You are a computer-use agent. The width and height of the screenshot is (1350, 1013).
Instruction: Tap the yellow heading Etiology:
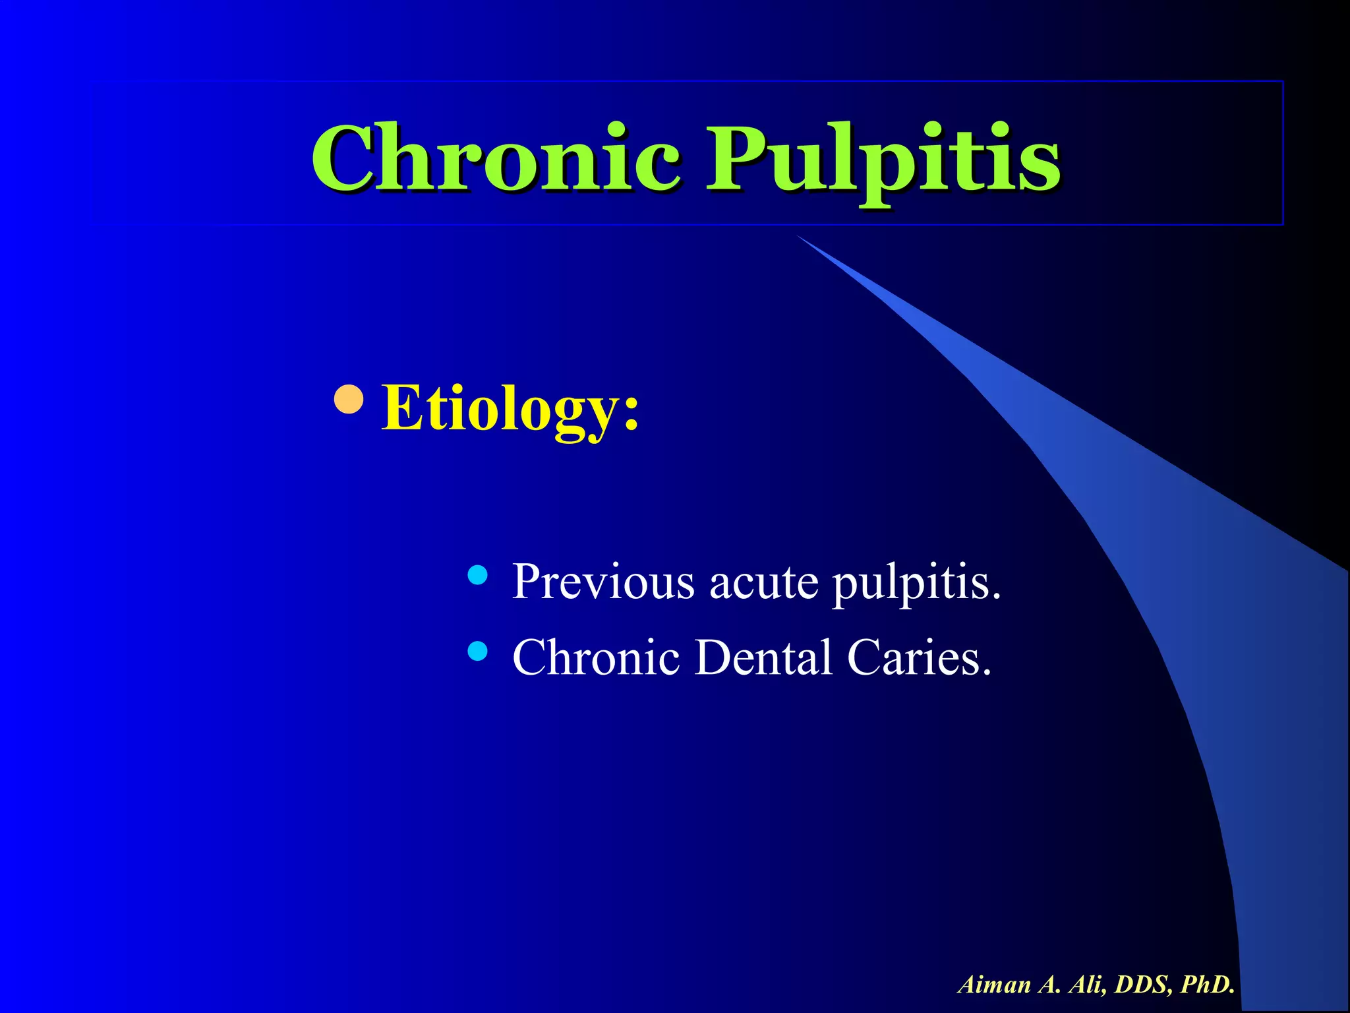coord(510,409)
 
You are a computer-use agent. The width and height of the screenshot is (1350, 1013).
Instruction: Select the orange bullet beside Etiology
coord(349,398)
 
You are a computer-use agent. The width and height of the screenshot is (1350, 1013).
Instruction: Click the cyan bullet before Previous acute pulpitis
coord(477,576)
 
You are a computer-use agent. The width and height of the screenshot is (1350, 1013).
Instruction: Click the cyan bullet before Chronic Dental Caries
coord(477,652)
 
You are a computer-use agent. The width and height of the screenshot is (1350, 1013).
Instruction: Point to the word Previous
coord(603,582)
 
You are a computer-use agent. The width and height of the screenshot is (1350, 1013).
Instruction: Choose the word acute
coord(763,583)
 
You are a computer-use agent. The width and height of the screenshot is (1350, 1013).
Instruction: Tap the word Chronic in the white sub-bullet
coord(596,658)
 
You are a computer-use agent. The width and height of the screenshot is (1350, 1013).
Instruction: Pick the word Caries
coord(919,658)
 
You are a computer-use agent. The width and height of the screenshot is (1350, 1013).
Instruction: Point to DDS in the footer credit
coord(1143,985)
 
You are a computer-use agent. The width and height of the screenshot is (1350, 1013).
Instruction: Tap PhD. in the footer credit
coord(1208,985)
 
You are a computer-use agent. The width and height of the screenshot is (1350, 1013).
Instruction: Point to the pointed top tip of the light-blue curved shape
coord(799,236)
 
